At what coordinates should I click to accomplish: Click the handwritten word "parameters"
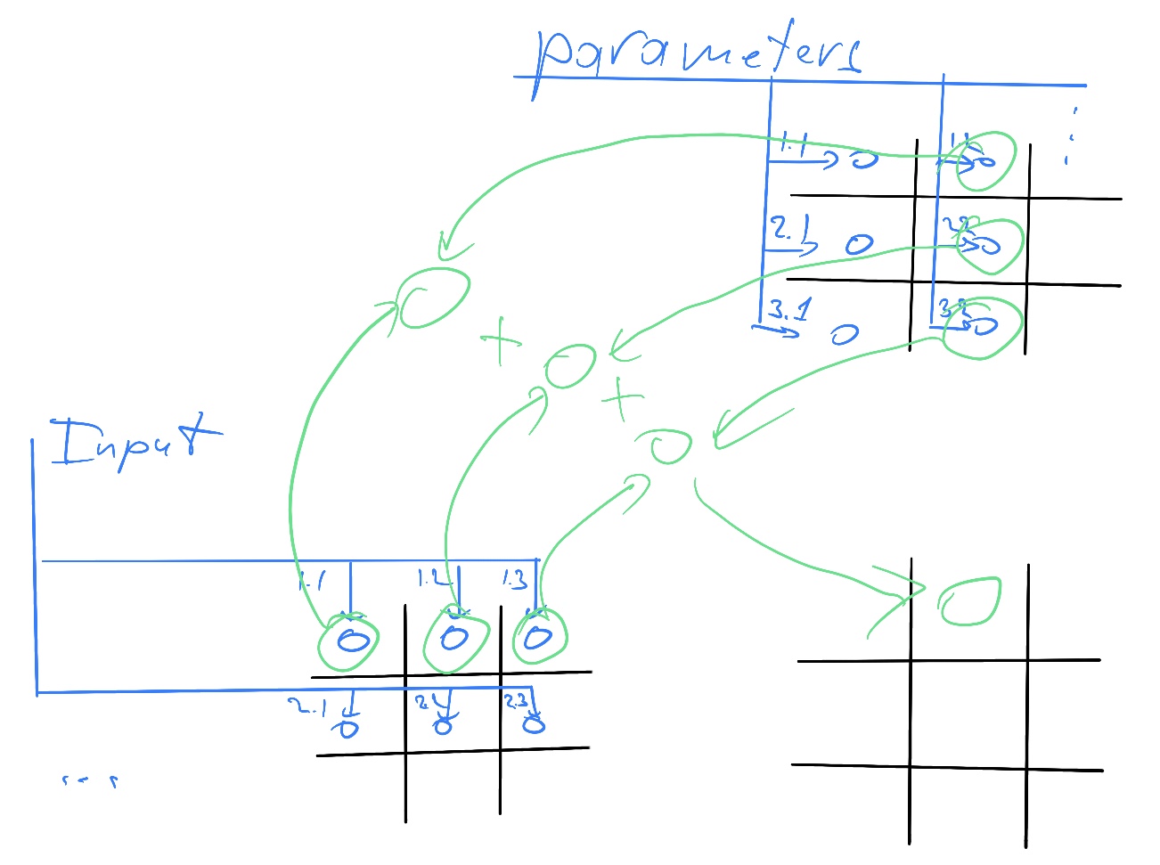click(699, 53)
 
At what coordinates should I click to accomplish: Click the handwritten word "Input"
click(134, 443)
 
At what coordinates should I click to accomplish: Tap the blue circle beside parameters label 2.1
click(859, 244)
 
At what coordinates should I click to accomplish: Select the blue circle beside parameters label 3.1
click(845, 334)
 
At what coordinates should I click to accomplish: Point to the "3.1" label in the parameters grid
click(789, 310)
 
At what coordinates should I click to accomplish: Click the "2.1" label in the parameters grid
click(783, 228)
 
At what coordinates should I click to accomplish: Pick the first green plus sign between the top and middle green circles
click(502, 340)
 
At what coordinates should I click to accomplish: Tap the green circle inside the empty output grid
click(970, 601)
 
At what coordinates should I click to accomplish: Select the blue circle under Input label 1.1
click(353, 641)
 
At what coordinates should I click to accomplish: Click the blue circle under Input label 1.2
click(454, 638)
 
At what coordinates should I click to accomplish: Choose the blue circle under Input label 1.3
click(537, 638)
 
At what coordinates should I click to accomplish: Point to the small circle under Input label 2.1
click(347, 728)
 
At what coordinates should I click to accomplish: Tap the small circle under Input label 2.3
click(534, 723)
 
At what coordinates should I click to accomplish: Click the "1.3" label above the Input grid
click(514, 580)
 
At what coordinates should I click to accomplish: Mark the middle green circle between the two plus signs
click(569, 366)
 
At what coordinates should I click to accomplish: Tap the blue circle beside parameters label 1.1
click(863, 159)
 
